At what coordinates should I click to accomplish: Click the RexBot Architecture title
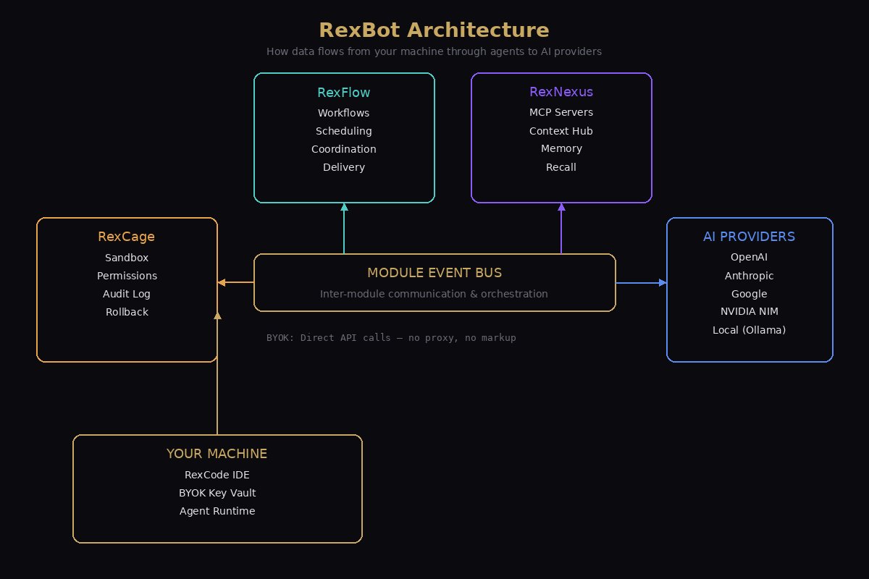point(434,30)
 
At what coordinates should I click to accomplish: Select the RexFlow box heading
point(344,93)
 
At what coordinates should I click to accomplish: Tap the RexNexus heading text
point(561,92)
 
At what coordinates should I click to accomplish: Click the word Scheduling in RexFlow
point(344,131)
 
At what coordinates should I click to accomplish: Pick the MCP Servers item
point(561,112)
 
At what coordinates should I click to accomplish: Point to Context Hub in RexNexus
point(561,131)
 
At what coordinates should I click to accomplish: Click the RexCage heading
point(127,237)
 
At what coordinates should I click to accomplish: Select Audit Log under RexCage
point(127,294)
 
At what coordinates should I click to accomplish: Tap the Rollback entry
point(127,312)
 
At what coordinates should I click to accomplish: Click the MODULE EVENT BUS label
point(434,273)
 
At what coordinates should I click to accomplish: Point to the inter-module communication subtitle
point(434,294)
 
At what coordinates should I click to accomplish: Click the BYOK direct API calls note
point(391,338)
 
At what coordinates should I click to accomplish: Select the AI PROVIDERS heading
point(750,237)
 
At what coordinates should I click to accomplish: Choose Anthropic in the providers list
point(750,276)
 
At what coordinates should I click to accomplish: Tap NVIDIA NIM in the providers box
point(750,312)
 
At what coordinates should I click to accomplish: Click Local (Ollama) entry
point(750,330)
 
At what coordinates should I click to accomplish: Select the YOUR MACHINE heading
point(217,454)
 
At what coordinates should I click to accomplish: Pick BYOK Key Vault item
point(217,493)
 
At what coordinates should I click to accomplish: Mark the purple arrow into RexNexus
point(561,228)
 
